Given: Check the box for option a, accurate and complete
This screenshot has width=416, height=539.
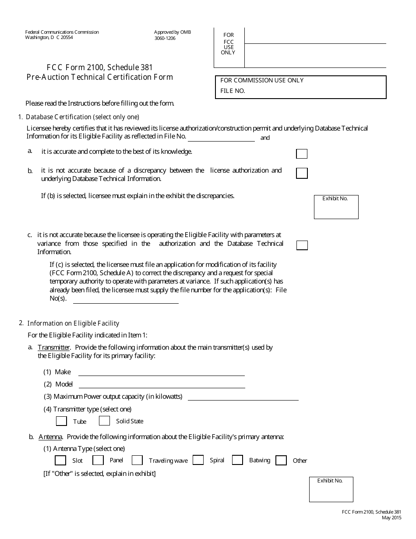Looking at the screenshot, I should [x=302, y=154].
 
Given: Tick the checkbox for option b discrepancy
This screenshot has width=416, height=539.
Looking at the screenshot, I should [x=302, y=173].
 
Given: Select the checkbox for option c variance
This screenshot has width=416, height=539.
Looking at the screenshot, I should [x=302, y=245].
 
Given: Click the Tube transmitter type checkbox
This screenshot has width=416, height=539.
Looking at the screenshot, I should [x=61, y=421].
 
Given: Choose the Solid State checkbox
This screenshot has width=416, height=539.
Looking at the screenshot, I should [x=104, y=421].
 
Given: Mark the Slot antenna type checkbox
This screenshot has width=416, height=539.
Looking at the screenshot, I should [x=60, y=460].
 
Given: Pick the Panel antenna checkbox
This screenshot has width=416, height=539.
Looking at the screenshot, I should [x=98, y=460].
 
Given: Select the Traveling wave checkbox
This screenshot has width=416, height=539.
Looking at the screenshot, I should [x=137, y=460].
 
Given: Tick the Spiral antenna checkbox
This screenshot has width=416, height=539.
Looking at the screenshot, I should [x=198, y=460].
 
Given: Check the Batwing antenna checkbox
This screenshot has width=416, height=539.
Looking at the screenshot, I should [x=237, y=460].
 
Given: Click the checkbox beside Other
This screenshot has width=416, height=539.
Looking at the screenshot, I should [x=281, y=460].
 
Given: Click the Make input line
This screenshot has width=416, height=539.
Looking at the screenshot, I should [x=161, y=372].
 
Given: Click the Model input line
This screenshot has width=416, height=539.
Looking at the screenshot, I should [x=161, y=384].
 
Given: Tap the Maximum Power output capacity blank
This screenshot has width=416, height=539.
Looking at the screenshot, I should [x=243, y=397].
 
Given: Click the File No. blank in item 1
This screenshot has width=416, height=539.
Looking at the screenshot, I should [x=221, y=138].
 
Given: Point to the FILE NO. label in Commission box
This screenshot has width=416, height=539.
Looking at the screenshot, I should [x=233, y=91].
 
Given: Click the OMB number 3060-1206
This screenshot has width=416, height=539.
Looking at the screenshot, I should [x=165, y=38].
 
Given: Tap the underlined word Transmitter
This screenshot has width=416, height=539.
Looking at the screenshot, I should [x=54, y=348].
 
